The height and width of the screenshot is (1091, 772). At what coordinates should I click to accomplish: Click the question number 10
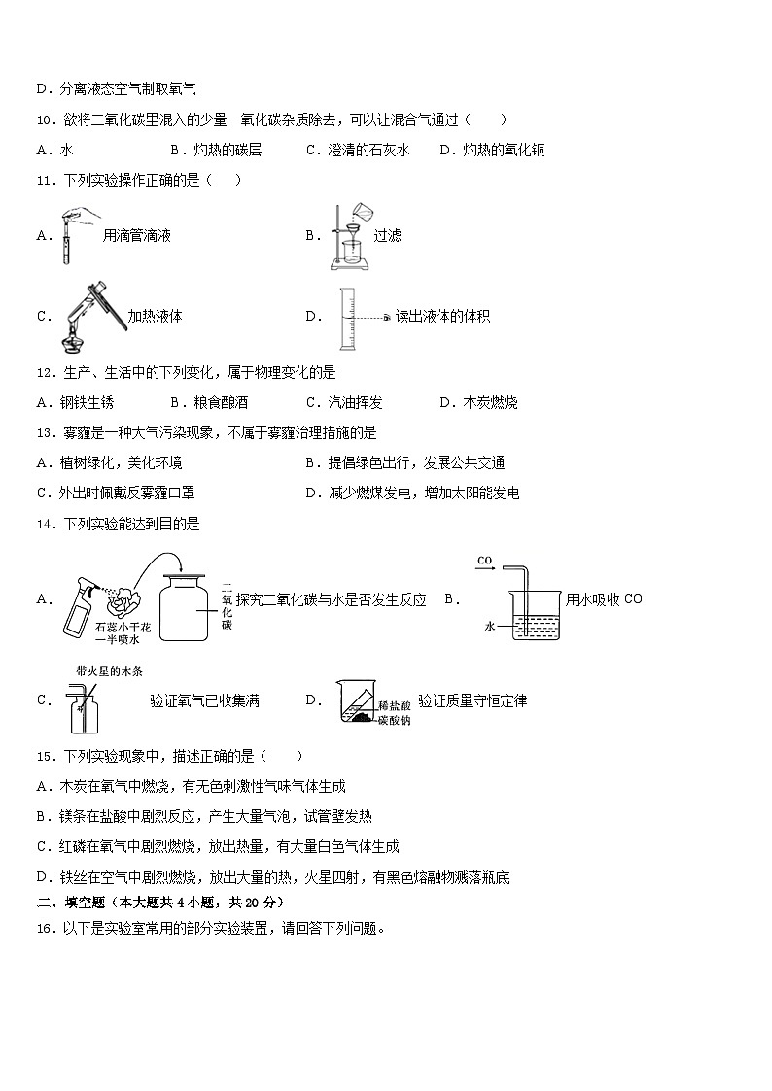pyautogui.click(x=45, y=119)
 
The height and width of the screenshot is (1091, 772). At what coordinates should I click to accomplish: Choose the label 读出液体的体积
pyautogui.click(x=442, y=316)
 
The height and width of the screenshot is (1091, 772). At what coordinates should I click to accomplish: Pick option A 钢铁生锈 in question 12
pyautogui.click(x=76, y=402)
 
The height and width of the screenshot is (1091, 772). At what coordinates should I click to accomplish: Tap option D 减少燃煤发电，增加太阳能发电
pyautogui.click(x=413, y=493)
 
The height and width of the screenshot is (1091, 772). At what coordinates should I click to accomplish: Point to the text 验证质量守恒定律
pyautogui.click(x=473, y=699)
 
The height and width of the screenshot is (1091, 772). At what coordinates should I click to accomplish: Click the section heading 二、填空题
pyautogui.click(x=68, y=902)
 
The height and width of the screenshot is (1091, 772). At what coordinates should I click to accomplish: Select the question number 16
pyautogui.click(x=45, y=928)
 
